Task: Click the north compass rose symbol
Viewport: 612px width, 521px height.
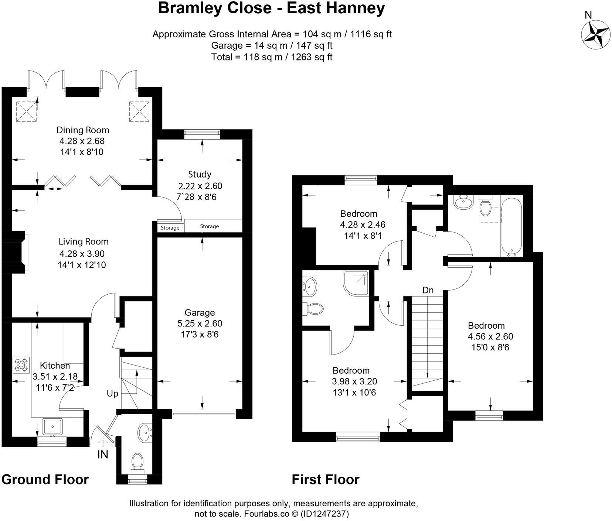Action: [595, 35]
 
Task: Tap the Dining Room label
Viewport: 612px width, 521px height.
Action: [83, 130]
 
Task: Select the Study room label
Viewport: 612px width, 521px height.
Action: [200, 174]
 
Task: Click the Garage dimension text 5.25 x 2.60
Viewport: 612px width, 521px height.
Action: [200, 323]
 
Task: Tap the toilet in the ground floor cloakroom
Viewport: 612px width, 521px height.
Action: [137, 462]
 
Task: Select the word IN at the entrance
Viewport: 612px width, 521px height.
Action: [103, 455]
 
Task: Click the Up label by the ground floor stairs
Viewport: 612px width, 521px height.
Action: [112, 394]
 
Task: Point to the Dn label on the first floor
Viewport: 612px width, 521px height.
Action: [428, 290]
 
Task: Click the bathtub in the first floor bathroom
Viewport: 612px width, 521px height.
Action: [511, 226]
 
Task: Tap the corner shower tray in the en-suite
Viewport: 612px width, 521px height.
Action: [357, 283]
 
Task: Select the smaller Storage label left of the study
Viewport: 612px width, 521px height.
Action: [170, 228]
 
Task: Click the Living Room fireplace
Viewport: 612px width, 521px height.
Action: [18, 252]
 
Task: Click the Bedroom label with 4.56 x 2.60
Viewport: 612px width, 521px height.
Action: [486, 326]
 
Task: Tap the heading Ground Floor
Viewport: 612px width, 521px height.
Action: [45, 479]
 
